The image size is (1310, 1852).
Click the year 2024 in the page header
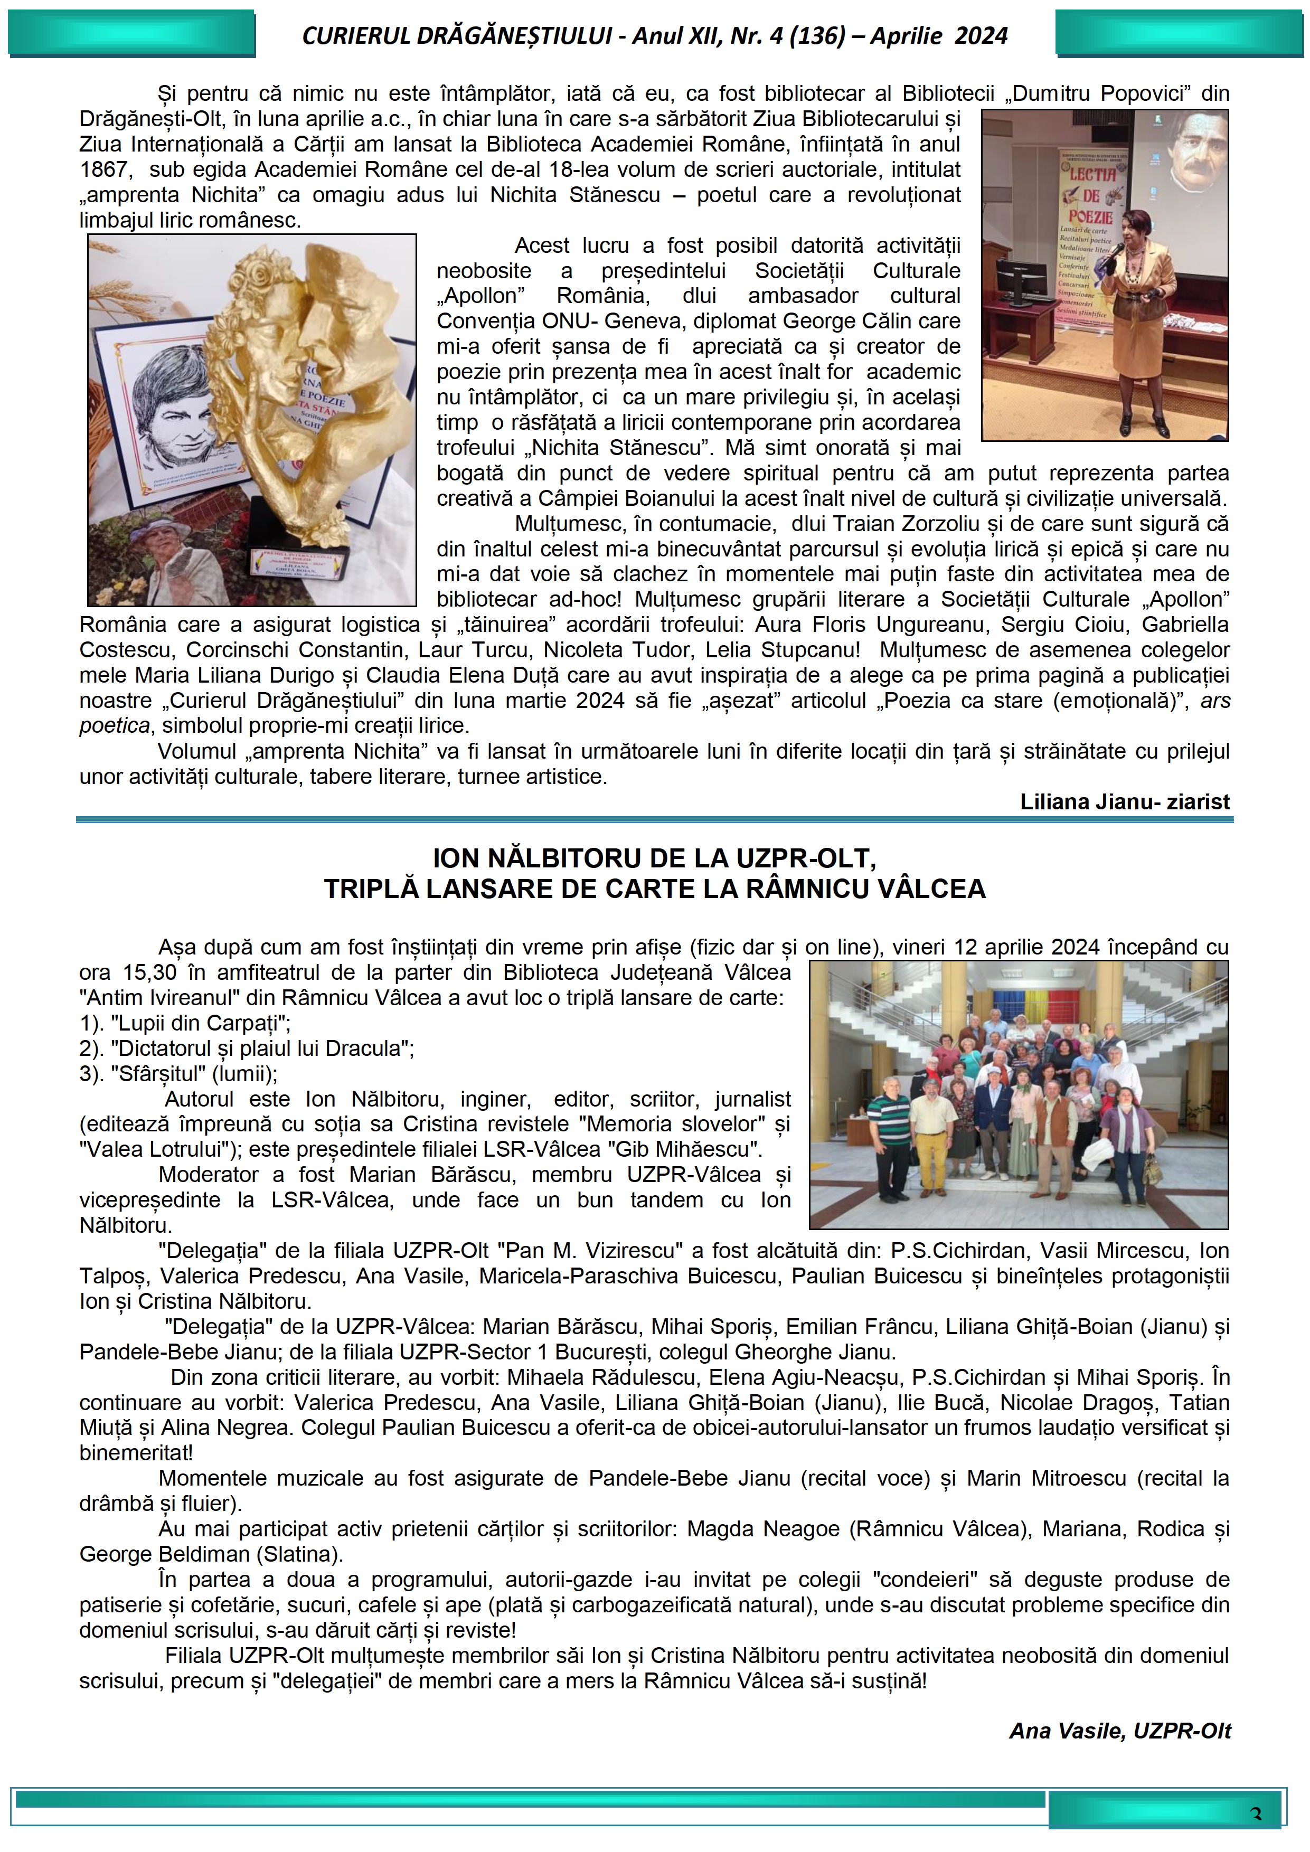pos(980,36)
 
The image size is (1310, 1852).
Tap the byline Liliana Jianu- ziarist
pos(1125,802)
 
